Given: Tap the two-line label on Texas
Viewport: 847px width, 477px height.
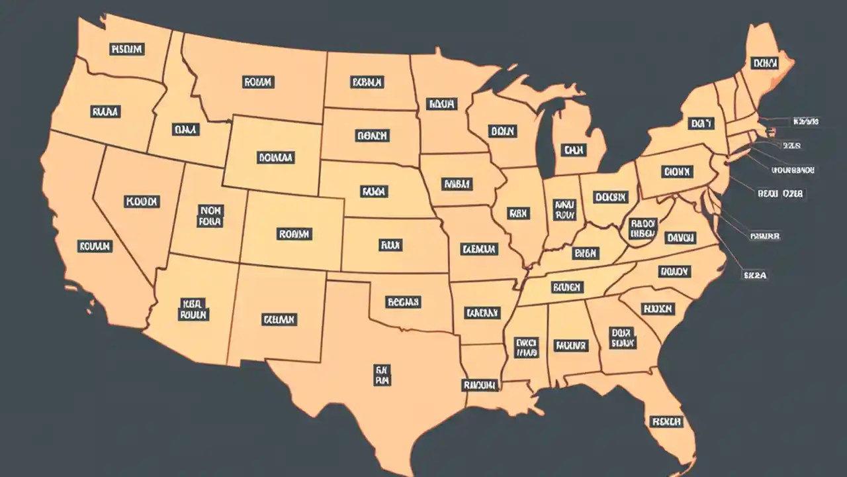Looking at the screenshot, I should point(382,374).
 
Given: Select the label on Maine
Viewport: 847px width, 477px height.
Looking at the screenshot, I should point(764,63).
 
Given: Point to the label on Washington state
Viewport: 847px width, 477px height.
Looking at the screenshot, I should point(127,49).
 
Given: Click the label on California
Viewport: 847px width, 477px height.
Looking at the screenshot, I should point(95,246).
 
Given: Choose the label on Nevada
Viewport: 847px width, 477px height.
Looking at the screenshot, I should point(141,201).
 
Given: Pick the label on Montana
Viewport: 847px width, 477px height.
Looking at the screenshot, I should point(258,82).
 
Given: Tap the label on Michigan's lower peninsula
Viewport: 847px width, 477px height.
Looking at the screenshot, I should point(573,150).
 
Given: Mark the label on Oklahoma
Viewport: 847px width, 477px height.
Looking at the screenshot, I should point(403,302).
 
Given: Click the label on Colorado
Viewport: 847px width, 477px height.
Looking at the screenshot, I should point(294,234).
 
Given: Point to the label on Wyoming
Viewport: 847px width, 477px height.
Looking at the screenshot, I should point(275,158).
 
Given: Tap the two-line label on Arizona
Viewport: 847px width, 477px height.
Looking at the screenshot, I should point(193,309).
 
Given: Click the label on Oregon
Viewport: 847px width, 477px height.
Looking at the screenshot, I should point(105,112).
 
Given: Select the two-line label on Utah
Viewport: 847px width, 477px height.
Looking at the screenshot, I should point(210,216).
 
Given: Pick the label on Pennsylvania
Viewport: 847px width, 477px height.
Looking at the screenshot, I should point(676,172).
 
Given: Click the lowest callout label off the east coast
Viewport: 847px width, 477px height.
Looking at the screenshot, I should point(754,275).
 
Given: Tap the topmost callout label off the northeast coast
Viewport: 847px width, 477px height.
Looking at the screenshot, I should point(805,122).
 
